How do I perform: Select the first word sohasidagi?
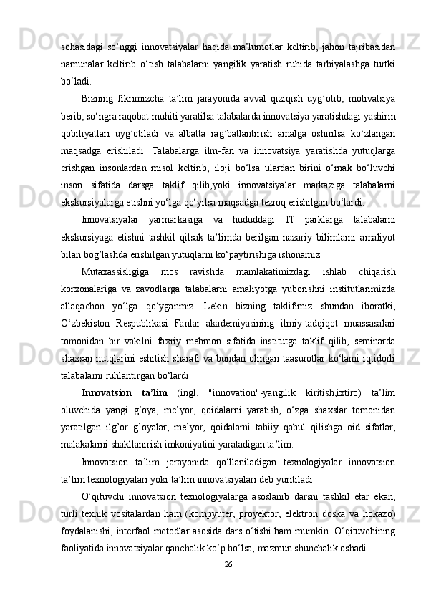click(x=82, y=47)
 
